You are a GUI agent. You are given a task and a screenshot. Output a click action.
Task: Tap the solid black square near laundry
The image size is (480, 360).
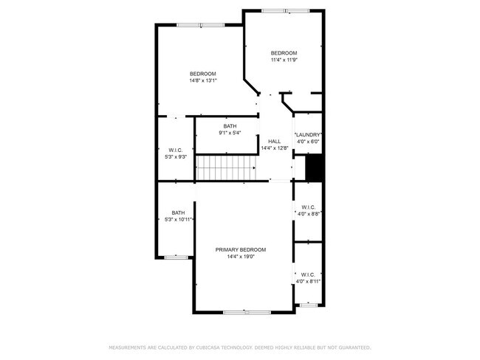point(315,167)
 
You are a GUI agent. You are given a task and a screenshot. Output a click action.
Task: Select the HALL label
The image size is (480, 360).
point(274,141)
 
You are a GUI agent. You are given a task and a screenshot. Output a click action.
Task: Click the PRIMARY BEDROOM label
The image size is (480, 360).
point(241,250)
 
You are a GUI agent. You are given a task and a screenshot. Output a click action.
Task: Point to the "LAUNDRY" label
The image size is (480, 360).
point(308,134)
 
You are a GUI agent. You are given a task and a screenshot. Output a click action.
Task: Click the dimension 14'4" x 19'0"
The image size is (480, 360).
point(241,257)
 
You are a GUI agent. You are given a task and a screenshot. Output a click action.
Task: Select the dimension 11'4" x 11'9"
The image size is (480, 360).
point(284,60)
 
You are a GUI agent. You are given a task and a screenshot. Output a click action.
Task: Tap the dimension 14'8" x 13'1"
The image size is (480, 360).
point(202,80)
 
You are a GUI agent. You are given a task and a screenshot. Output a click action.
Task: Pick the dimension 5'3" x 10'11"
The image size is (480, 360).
point(178,220)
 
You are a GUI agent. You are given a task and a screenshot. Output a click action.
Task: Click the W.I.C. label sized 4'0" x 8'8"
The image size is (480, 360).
point(308,207)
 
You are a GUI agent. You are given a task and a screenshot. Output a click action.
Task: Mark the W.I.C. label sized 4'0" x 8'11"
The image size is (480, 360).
point(308,274)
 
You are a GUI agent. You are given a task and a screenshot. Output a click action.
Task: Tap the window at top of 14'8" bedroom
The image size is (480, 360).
point(200,25)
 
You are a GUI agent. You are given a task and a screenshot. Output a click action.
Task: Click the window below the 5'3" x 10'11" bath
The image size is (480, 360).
point(176,257)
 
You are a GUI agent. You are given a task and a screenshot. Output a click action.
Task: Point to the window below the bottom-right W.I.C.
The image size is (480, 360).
point(307,305)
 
